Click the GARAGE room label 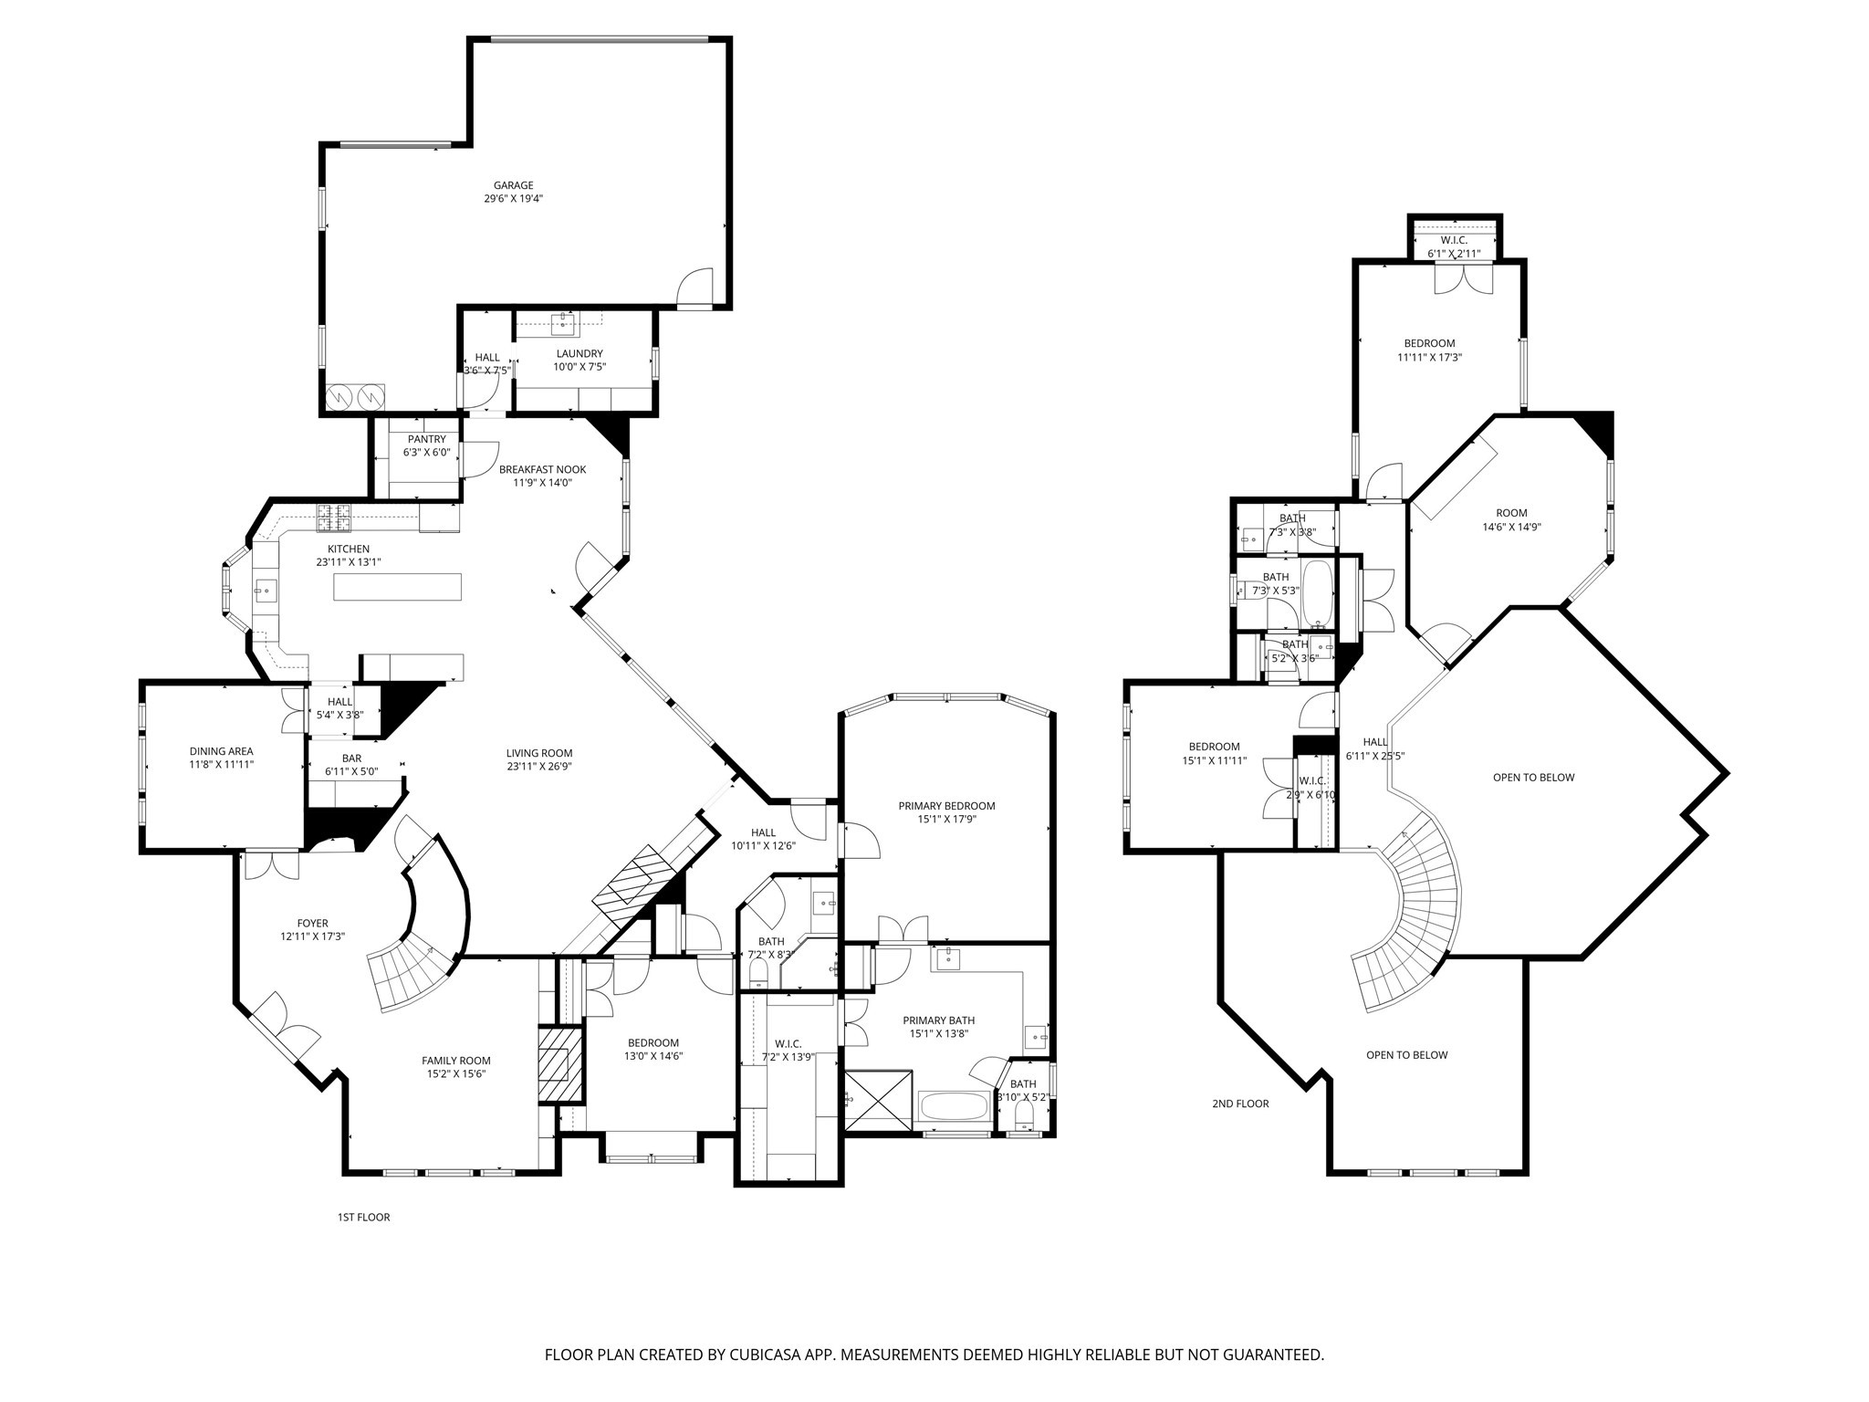513,185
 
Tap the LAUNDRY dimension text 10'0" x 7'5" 579,367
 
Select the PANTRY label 426,439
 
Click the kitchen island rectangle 398,586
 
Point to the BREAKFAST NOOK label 542,469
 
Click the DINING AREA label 221,751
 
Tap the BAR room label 351,758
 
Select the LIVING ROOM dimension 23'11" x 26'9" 539,767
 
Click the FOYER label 312,924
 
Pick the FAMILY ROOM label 455,1061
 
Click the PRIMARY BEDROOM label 946,806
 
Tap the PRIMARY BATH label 938,1020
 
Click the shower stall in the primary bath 877,1100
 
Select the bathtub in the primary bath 955,1107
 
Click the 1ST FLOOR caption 363,1217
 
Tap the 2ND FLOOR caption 1240,1104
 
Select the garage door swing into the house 696,288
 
